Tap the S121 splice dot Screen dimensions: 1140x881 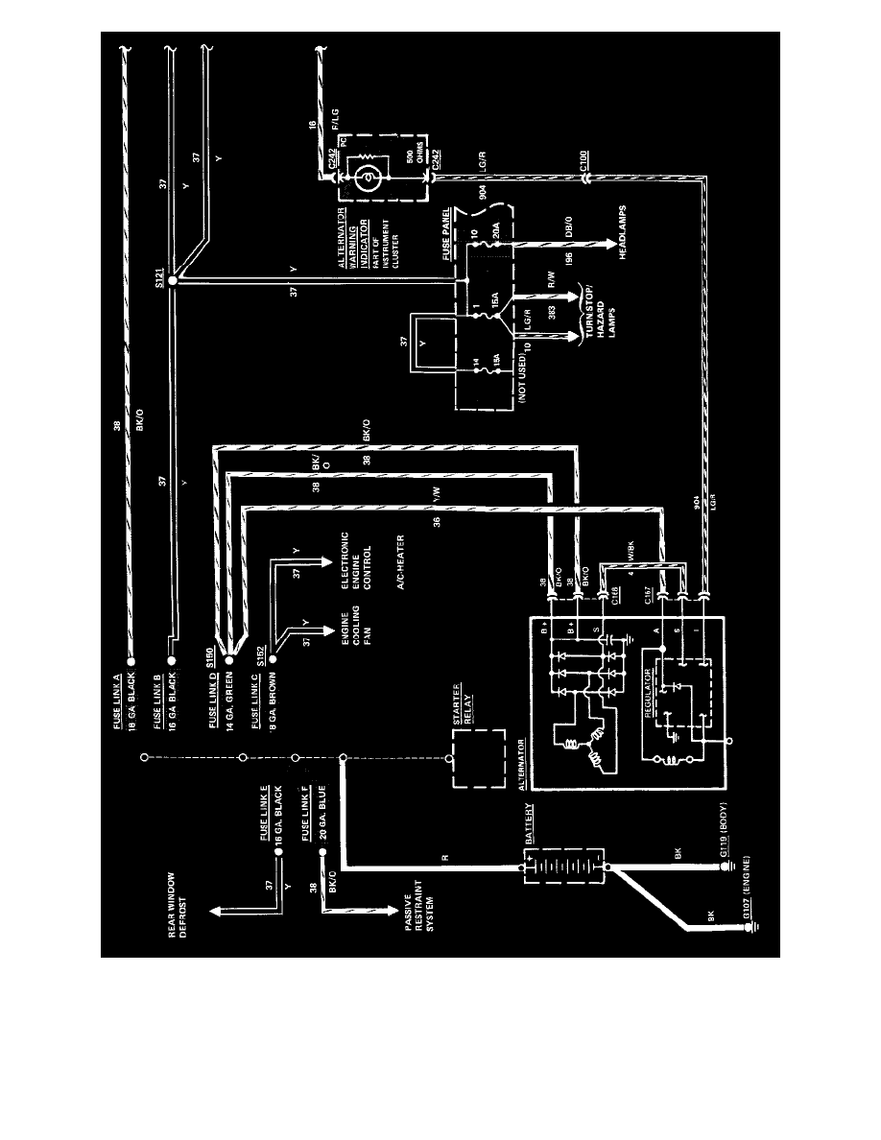[x=173, y=281]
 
